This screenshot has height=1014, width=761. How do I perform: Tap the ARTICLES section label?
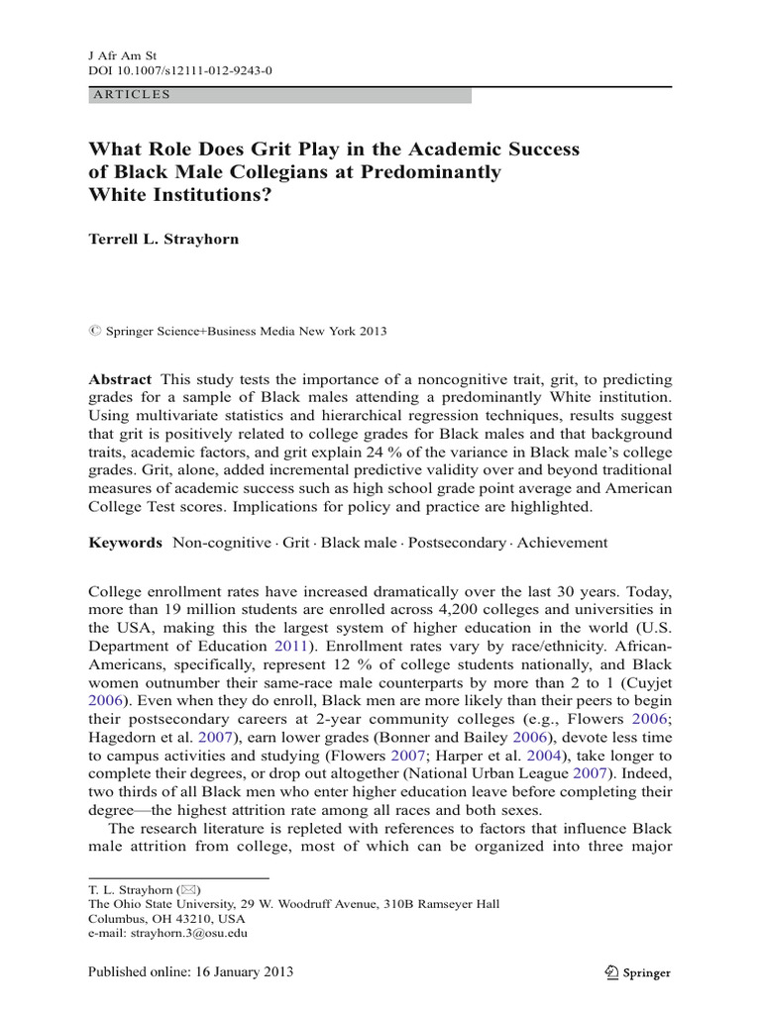coord(131,95)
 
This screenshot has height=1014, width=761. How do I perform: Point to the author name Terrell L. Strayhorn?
coord(163,240)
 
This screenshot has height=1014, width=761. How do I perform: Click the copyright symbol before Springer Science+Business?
coord(94,331)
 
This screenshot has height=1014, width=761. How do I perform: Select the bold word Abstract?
coord(120,379)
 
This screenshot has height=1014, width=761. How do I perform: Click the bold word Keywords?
coord(125,542)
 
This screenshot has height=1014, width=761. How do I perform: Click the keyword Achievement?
coord(563,542)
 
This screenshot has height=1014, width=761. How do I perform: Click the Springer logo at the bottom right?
coord(637,972)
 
